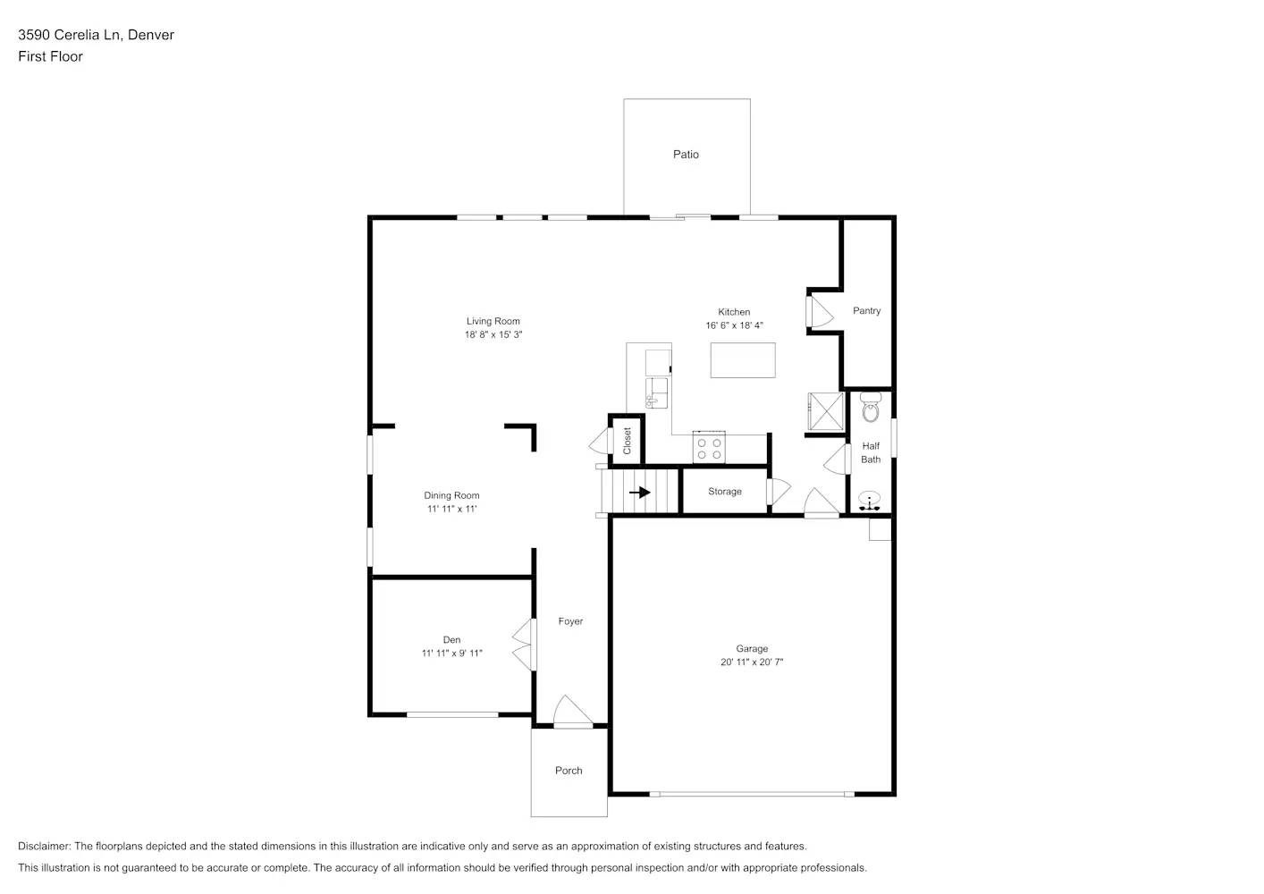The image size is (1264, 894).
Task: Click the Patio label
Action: pyautogui.click(x=686, y=155)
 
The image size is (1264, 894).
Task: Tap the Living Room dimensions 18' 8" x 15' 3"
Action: pyautogui.click(x=493, y=335)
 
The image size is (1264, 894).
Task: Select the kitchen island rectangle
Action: pyautogui.click(x=743, y=359)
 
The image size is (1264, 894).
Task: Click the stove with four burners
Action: pyautogui.click(x=710, y=448)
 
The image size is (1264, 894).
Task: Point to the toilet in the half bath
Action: pyautogui.click(x=871, y=409)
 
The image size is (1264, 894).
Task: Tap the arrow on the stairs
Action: pyautogui.click(x=639, y=492)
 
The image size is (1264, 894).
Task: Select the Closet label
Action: pyautogui.click(x=627, y=440)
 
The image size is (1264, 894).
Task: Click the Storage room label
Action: pyautogui.click(x=725, y=492)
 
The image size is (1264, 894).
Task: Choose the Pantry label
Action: pyautogui.click(x=866, y=311)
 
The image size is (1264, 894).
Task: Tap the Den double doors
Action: pyautogui.click(x=524, y=645)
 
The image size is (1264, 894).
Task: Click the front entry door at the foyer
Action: pyautogui.click(x=572, y=713)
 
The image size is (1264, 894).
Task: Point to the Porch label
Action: pyautogui.click(x=569, y=771)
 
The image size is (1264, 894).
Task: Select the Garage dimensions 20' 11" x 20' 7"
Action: pyautogui.click(x=752, y=662)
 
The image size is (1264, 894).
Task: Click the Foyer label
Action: pyautogui.click(x=570, y=621)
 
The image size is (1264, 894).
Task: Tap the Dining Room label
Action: pyautogui.click(x=451, y=495)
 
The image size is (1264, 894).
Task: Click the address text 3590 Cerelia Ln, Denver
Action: pyautogui.click(x=96, y=35)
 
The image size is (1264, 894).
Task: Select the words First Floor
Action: pyautogui.click(x=50, y=56)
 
